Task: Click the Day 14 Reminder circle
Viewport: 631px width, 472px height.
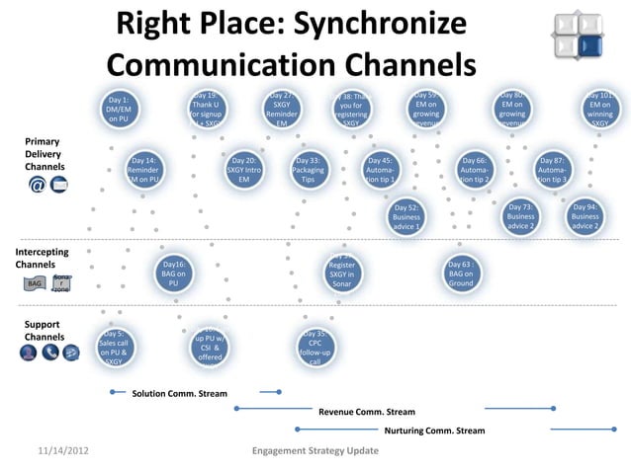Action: tap(142, 170)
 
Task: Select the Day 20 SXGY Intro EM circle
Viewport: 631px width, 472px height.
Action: tap(244, 170)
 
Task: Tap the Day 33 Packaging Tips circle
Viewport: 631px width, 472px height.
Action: tap(308, 170)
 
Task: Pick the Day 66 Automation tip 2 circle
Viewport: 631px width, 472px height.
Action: tap(474, 170)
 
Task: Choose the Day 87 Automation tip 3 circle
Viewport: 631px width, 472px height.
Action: tap(551, 170)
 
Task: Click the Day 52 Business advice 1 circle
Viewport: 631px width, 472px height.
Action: tap(406, 217)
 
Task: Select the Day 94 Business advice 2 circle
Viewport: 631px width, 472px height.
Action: tap(585, 217)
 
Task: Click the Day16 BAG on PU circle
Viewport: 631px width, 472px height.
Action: tap(173, 274)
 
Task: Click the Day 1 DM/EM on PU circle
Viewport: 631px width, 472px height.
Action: tap(119, 110)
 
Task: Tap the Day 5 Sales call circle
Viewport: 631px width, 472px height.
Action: tap(114, 348)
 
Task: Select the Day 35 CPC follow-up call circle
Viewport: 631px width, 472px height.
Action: tap(315, 348)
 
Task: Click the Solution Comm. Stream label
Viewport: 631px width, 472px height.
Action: tap(179, 394)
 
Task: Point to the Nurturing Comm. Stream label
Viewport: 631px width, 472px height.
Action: tap(434, 431)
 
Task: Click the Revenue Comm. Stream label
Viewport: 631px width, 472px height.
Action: tap(366, 412)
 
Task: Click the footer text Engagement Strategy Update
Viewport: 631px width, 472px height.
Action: tap(315, 451)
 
